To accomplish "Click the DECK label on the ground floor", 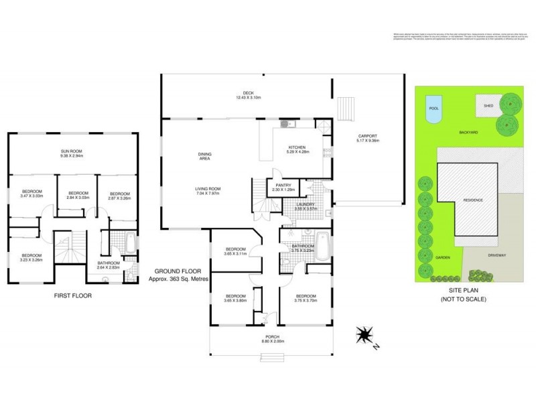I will [x=249, y=93].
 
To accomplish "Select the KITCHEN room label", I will [x=297, y=147].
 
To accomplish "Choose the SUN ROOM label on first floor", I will [x=72, y=152].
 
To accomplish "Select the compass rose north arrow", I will [x=365, y=334].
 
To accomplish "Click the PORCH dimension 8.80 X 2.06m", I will [x=272, y=341].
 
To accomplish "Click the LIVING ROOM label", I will [x=208, y=189].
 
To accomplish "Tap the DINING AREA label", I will [x=204, y=157].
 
